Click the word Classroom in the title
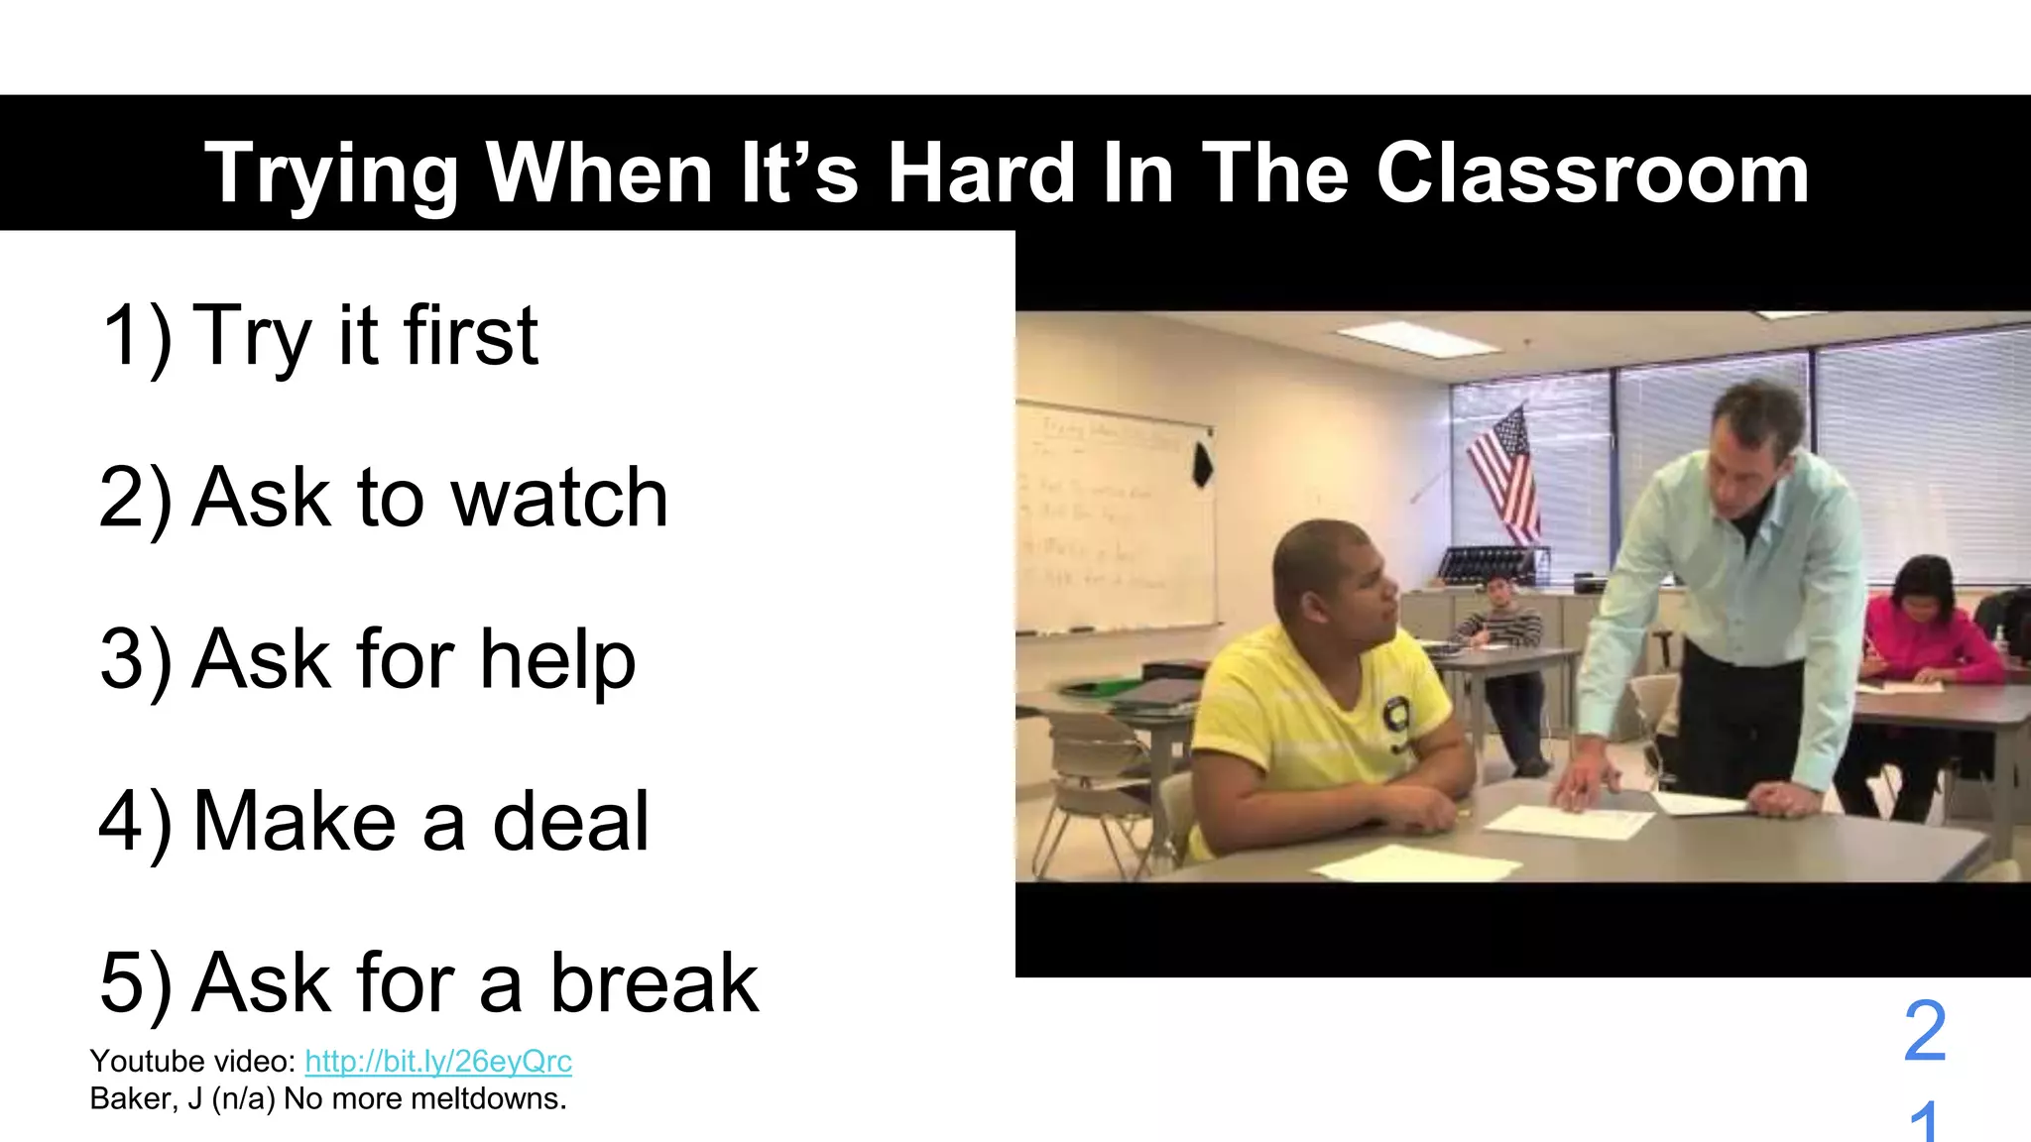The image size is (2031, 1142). [1593, 173]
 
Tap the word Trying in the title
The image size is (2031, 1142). [331, 175]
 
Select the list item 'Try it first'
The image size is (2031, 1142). [319, 335]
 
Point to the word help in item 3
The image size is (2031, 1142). [557, 660]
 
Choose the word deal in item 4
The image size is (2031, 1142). [570, 822]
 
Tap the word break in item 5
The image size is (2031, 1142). [655, 983]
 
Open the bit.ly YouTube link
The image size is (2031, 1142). [438, 1062]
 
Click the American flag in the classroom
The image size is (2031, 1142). [1505, 474]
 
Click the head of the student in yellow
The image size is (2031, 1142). [1334, 585]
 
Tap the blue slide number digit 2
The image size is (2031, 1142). [1925, 1031]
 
